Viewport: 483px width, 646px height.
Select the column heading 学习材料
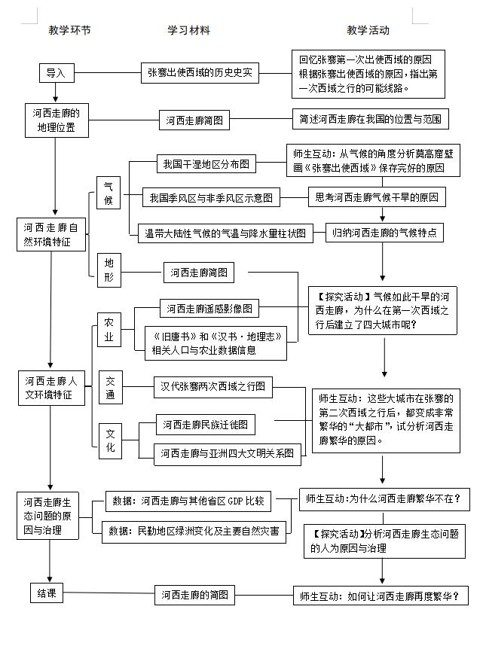(x=188, y=31)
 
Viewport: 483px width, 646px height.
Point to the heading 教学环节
(x=69, y=31)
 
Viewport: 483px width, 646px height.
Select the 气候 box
(x=109, y=195)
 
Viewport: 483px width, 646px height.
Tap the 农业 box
(x=109, y=329)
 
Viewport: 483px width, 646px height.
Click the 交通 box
(x=110, y=388)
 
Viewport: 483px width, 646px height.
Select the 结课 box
(x=47, y=593)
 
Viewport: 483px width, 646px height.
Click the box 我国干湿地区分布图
(x=206, y=163)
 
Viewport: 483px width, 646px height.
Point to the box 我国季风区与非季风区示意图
(x=211, y=198)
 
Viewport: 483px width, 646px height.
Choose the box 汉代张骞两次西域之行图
(x=213, y=386)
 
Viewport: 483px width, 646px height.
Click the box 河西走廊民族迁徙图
(x=205, y=425)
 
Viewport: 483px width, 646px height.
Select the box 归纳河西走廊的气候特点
(x=384, y=233)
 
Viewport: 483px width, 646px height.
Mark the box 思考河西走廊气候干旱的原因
(x=377, y=197)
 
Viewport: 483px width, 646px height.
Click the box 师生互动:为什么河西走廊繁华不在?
(x=383, y=498)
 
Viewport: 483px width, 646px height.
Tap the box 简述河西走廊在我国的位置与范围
(x=371, y=119)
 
